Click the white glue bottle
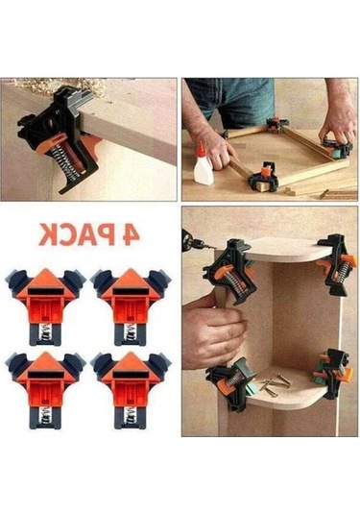pos(204,166)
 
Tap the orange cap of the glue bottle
pos(202,148)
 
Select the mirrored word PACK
pos(73,234)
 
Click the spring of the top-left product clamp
pos(46,332)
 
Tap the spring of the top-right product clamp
pos(131,332)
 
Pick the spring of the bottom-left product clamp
pos(46,416)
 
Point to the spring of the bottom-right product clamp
pos(131,416)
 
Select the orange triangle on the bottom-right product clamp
pos(131,361)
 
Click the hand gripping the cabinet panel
pos(213,331)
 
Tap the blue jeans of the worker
pos(233,98)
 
